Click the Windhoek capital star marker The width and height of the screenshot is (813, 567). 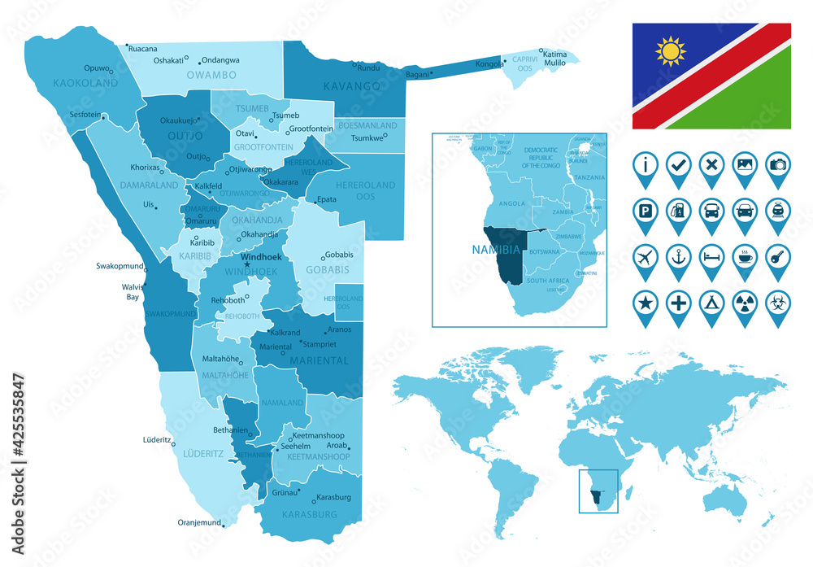click(247, 264)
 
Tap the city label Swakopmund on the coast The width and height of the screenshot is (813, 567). click(118, 266)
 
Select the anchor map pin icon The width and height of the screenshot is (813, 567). click(678, 255)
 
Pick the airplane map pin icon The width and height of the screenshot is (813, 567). click(645, 255)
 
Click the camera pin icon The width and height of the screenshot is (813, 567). click(778, 164)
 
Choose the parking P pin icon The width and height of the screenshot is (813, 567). click(645, 211)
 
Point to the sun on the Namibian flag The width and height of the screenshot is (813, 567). click(671, 52)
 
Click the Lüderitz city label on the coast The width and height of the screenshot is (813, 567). click(156, 439)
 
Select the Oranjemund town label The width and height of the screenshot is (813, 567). click(199, 522)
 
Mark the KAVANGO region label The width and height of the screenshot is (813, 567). click(351, 85)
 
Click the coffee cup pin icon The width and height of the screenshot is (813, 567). click(745, 255)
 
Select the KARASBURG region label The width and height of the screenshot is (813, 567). click(309, 514)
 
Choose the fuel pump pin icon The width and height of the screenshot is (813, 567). click(678, 211)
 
